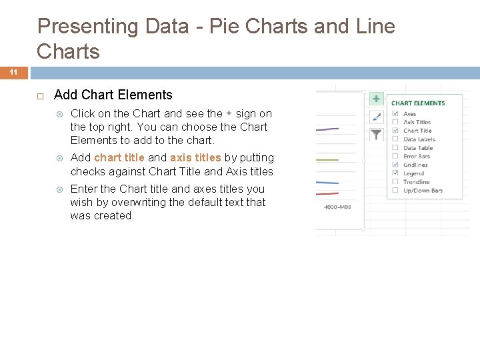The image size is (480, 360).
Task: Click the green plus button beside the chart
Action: (376, 99)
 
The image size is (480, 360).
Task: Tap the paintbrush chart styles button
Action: (376, 116)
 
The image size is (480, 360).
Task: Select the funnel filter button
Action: (376, 134)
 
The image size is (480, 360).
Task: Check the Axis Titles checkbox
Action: (395, 122)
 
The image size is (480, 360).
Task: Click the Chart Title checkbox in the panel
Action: (395, 131)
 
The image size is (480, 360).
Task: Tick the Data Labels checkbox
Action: (395, 139)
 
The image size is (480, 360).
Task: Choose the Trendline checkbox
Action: (395, 182)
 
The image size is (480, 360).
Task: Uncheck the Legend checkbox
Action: (395, 173)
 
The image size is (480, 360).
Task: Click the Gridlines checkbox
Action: (395, 165)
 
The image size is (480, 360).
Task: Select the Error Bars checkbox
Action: (395, 156)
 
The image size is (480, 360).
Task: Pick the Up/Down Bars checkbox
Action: (395, 191)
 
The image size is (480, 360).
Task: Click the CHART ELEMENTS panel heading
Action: (418, 103)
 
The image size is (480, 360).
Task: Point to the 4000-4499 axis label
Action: (337, 207)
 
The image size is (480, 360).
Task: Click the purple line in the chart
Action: (327, 129)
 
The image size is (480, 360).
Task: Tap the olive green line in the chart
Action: (327, 159)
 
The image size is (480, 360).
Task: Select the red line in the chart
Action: (327, 193)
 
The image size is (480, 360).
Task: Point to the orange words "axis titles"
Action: (195, 158)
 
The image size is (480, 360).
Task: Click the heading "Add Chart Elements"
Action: (113, 95)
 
